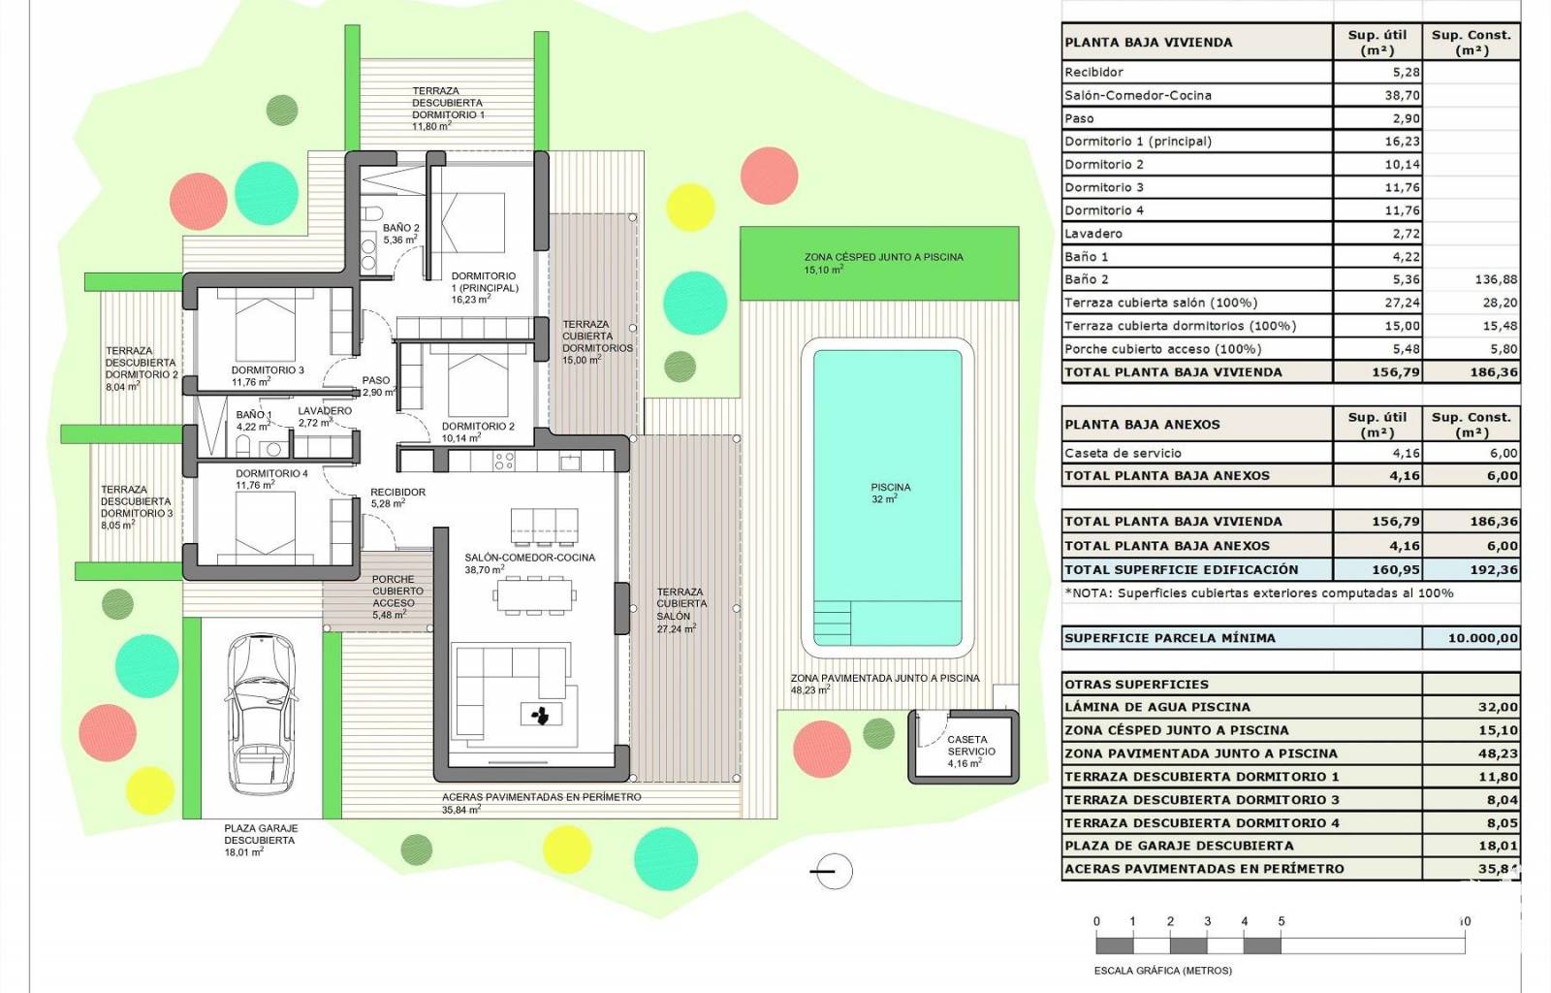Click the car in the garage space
point(263,714)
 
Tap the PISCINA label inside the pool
point(891,487)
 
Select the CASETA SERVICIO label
point(970,745)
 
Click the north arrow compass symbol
point(833,871)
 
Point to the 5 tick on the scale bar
point(1281,921)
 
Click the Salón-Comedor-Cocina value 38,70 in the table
point(1402,96)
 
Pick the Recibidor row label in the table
point(1094,72)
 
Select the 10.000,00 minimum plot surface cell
point(1482,638)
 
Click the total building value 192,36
point(1494,570)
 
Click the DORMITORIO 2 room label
point(478,427)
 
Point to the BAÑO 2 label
point(401,228)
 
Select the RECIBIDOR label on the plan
point(398,493)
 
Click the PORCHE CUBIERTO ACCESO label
point(397,591)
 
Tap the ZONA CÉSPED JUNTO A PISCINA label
point(883,257)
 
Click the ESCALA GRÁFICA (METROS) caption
point(1163,971)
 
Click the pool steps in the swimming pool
point(833,623)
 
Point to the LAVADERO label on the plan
point(325,410)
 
